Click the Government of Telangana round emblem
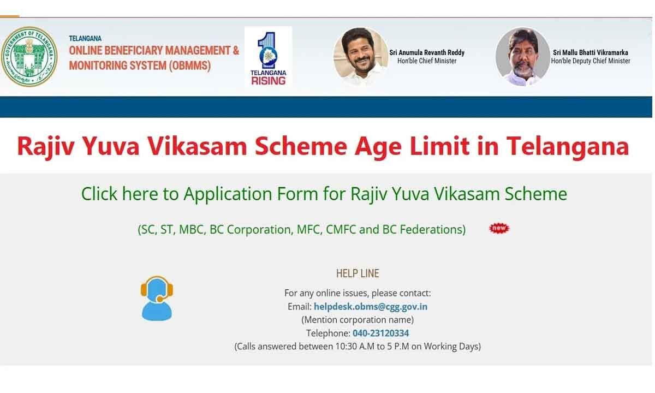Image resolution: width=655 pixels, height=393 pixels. click(x=29, y=56)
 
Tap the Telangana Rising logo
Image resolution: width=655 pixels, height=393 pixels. click(x=268, y=57)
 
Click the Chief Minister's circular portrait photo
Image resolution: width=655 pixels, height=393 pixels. click(x=361, y=56)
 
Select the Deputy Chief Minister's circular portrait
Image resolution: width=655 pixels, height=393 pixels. click(x=523, y=56)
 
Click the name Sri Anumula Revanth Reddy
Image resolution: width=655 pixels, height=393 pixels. click(x=427, y=52)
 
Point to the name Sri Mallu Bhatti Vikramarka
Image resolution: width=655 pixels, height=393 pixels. click(x=591, y=52)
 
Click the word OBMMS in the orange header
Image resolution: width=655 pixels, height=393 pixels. click(x=190, y=65)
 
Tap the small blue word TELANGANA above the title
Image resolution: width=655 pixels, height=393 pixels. click(x=85, y=38)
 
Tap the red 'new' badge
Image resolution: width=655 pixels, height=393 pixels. click(x=499, y=228)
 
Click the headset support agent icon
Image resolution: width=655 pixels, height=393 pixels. click(x=157, y=298)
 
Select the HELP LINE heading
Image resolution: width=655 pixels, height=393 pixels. click(x=358, y=273)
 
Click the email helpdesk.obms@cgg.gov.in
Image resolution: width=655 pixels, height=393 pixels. click(x=371, y=306)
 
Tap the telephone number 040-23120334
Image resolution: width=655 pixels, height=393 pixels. click(x=381, y=333)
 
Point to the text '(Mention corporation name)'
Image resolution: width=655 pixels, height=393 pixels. click(x=358, y=320)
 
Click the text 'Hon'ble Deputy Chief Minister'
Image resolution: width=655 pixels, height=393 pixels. click(x=591, y=61)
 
